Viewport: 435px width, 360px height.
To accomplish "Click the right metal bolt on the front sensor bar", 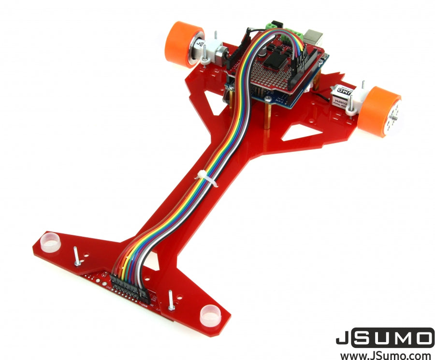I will [x=171, y=301].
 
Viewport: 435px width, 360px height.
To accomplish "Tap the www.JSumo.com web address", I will [x=385, y=355].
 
